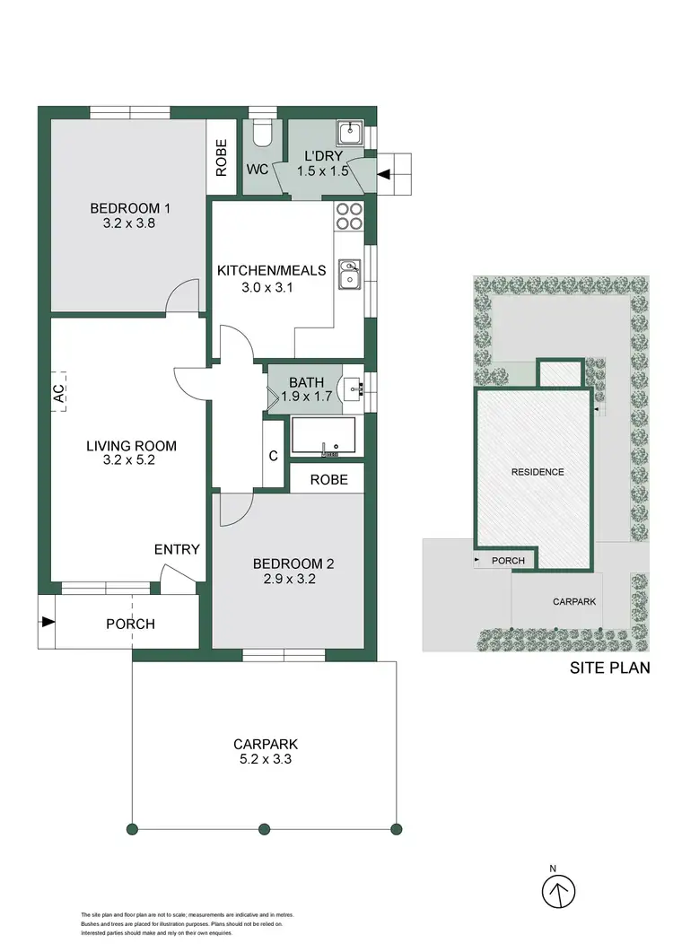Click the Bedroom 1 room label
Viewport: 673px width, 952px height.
click(x=130, y=208)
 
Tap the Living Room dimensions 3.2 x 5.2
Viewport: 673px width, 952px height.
click(x=131, y=460)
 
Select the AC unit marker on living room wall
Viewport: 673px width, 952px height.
click(x=58, y=392)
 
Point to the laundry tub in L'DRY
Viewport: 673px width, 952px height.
click(x=350, y=134)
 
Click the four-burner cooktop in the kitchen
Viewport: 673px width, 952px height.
click(x=348, y=218)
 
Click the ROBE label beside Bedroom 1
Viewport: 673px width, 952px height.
click(x=222, y=155)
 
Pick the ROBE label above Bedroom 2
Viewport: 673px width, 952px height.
click(x=328, y=480)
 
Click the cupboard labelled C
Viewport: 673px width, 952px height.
click(x=274, y=455)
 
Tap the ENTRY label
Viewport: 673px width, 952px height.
click(x=177, y=549)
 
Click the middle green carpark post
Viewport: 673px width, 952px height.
click(x=264, y=828)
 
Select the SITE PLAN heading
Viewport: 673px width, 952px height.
click(x=610, y=668)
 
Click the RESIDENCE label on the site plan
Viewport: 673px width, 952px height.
click(x=538, y=472)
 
